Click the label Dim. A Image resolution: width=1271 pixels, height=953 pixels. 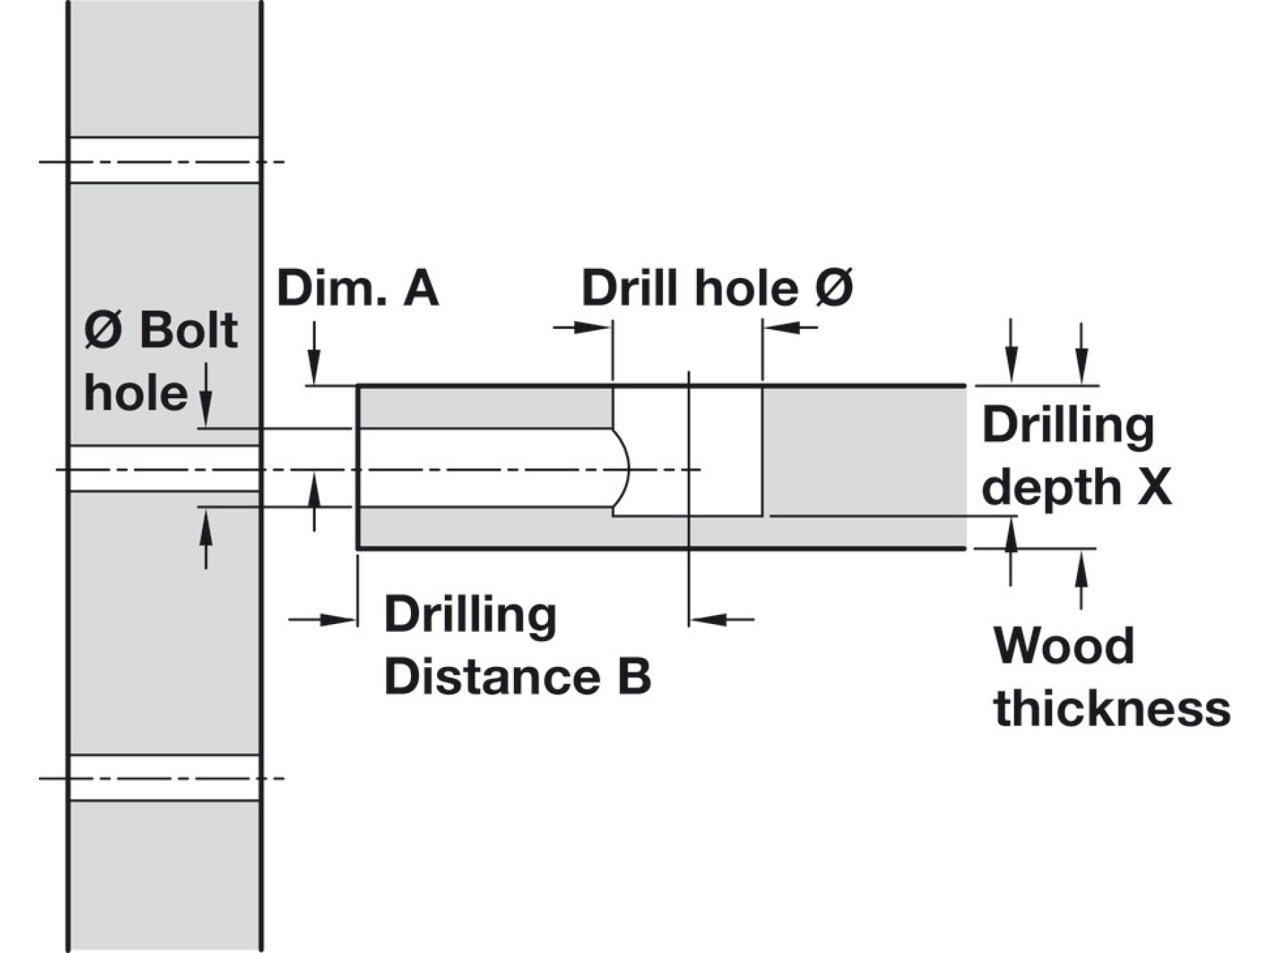(x=357, y=288)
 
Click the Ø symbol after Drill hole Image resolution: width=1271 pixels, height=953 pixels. (x=834, y=288)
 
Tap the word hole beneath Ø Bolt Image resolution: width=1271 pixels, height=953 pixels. (x=136, y=392)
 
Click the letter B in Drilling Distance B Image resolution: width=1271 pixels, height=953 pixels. (x=634, y=676)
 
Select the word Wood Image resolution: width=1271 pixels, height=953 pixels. (x=1063, y=645)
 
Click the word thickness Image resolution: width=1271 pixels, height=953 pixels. (x=1112, y=708)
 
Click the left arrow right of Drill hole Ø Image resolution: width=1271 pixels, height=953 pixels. (x=789, y=327)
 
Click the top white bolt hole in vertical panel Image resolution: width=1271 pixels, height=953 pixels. (x=165, y=160)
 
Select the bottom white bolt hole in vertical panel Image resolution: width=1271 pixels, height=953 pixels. (x=165, y=778)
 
